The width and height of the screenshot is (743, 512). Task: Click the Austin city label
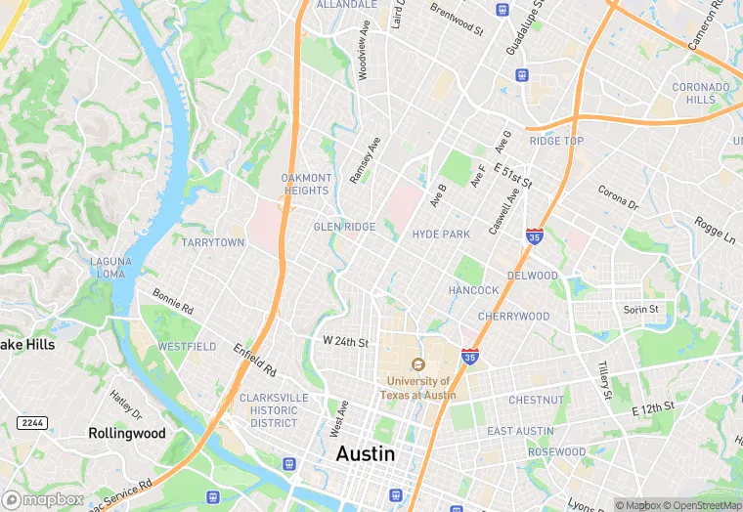point(366,454)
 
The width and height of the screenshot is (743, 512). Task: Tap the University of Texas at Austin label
point(419,388)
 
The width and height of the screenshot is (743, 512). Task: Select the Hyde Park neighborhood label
point(441,235)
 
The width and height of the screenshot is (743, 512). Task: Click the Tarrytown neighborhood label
point(212,242)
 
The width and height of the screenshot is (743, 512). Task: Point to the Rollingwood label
point(127,433)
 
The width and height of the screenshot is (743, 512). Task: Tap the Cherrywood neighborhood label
point(513,317)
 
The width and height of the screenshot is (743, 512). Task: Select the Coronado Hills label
point(700,93)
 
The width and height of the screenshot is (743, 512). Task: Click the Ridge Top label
point(556,142)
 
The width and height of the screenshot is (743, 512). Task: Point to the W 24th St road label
point(345,343)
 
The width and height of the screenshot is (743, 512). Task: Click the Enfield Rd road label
point(255,361)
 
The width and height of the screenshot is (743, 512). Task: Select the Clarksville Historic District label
point(273,410)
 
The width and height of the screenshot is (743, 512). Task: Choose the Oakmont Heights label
point(305,184)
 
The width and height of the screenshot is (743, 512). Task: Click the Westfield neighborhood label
point(187,347)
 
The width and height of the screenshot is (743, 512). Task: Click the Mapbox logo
point(43,499)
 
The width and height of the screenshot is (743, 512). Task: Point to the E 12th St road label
point(653,407)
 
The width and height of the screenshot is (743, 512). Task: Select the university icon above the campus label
point(419,364)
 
